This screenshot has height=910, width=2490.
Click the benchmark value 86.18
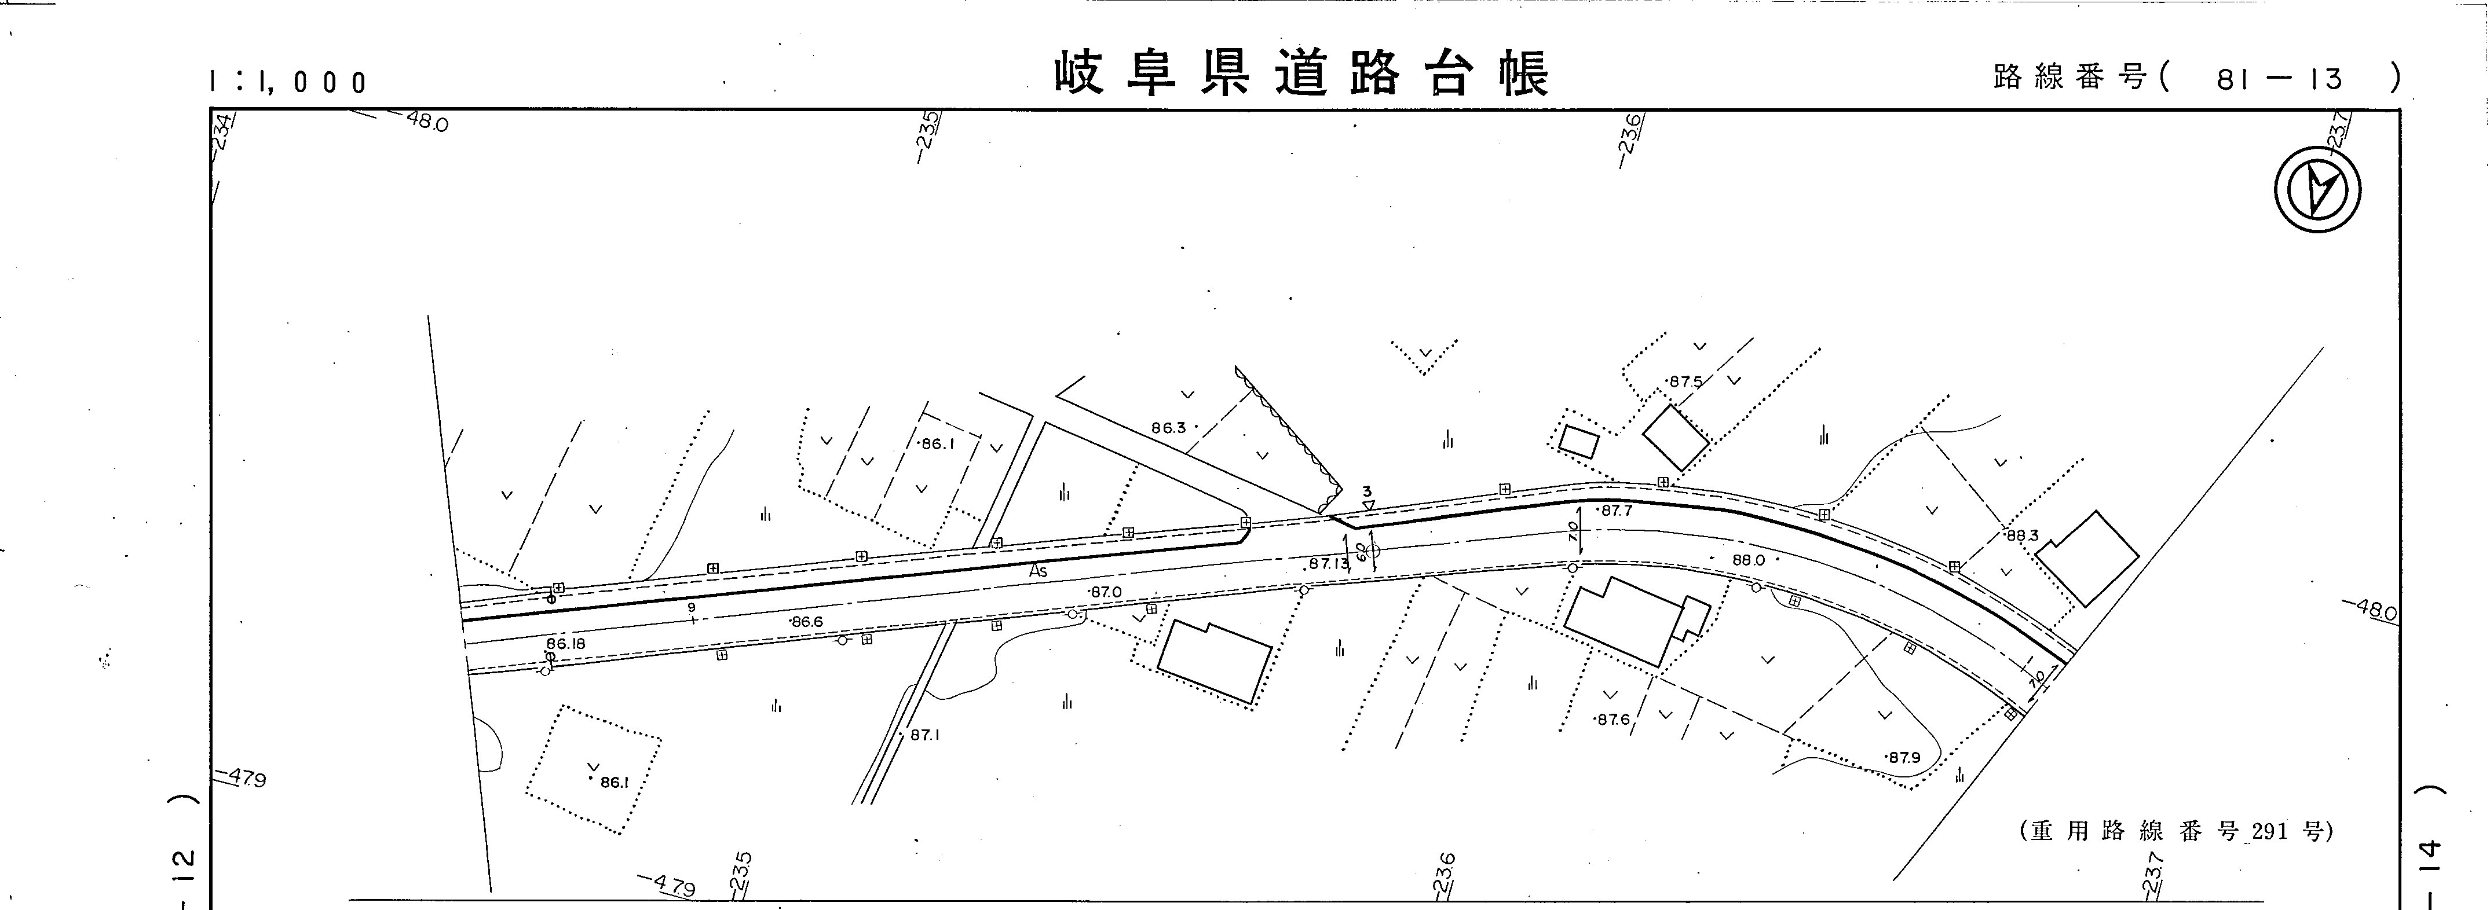(x=565, y=643)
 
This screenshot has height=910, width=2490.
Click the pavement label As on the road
(x=1038, y=571)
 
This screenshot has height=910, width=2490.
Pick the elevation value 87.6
(x=1613, y=719)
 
